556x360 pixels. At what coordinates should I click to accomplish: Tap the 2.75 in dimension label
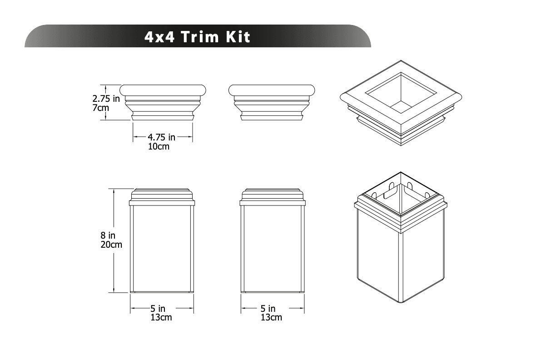tap(106, 99)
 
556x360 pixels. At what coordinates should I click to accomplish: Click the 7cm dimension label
tap(101, 108)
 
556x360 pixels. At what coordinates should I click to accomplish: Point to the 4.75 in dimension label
tap(162, 137)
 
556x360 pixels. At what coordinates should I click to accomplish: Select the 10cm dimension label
tap(159, 147)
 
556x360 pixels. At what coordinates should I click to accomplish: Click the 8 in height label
tap(108, 235)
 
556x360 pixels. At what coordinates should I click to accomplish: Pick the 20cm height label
tap(111, 245)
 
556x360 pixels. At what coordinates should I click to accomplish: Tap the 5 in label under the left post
tap(158, 309)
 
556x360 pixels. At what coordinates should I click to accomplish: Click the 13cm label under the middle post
tap(271, 318)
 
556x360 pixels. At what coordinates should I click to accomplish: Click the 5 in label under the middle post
tap(268, 309)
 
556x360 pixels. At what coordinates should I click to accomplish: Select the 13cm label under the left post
tap(161, 318)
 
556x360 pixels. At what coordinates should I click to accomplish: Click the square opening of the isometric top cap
tap(401, 93)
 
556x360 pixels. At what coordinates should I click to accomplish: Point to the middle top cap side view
tap(272, 102)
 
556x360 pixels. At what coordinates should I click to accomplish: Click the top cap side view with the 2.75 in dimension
tap(163, 102)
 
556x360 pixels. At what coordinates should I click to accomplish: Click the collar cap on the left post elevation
tap(163, 196)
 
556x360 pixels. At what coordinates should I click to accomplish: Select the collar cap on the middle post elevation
tap(273, 196)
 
